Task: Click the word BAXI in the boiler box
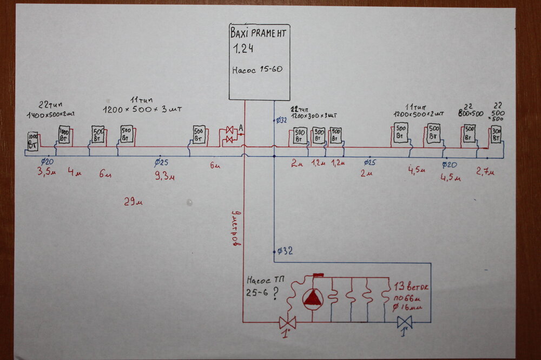point(239,34)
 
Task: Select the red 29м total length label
point(133,202)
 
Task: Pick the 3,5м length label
point(47,172)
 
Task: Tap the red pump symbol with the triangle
point(314,299)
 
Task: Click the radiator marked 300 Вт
point(496,134)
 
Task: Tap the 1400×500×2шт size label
point(50,115)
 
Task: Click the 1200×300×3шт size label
point(314,115)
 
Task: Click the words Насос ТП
point(262,281)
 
